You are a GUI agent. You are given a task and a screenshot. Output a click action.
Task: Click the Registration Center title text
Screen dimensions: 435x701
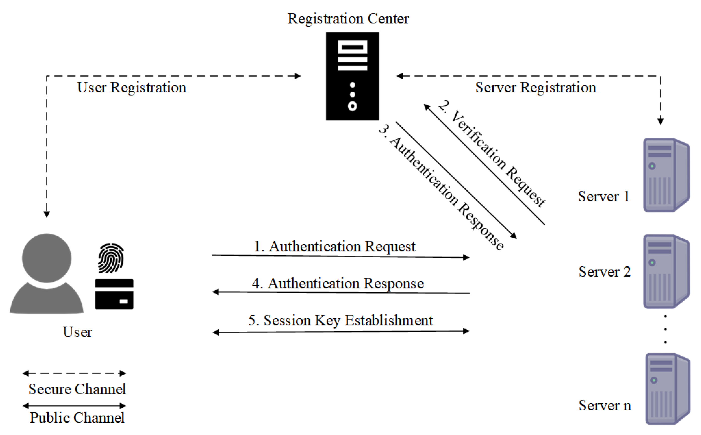(x=348, y=19)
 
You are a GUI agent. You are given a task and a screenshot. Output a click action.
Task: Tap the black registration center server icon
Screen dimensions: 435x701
(x=352, y=76)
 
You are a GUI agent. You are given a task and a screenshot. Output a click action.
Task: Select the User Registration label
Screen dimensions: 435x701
(x=132, y=87)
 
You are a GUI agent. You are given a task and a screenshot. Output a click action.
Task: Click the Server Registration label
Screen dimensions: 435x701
(x=535, y=87)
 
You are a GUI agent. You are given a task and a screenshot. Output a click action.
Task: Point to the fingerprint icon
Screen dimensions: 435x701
(x=111, y=258)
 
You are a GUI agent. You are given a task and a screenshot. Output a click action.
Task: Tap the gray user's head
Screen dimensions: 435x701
(x=47, y=258)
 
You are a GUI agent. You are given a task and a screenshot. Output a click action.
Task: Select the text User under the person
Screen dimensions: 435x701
(x=77, y=332)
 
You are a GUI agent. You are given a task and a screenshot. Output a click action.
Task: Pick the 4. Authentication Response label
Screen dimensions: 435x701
(x=338, y=283)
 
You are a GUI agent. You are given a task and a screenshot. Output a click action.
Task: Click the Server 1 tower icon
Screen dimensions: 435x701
(x=666, y=175)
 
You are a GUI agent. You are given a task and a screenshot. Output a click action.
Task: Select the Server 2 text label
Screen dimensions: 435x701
(x=604, y=272)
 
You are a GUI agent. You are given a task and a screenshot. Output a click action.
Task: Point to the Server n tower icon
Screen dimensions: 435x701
(x=667, y=389)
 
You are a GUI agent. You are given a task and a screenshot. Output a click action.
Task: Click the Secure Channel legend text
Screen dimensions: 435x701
(x=77, y=389)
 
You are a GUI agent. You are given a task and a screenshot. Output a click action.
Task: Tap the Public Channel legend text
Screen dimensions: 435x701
(x=77, y=418)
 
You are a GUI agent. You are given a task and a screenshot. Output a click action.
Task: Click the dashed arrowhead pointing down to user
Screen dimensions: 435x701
(x=47, y=214)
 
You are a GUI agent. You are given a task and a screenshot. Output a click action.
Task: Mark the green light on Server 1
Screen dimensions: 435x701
(x=652, y=166)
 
